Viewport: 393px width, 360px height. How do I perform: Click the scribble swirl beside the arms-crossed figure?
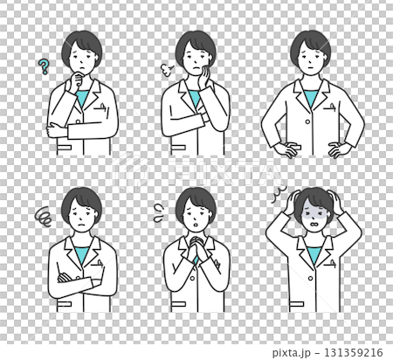click(x=43, y=211)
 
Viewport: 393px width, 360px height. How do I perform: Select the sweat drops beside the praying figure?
click(x=159, y=208)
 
